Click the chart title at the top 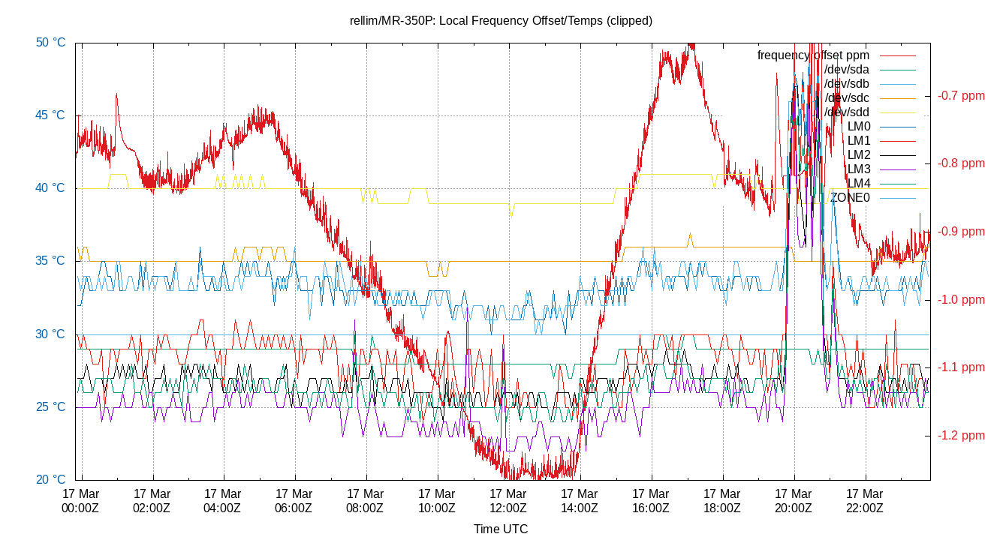click(501, 20)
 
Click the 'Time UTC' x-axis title click(501, 529)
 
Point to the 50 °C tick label click(50, 43)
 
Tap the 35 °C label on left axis click(50, 261)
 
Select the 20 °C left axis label click(50, 480)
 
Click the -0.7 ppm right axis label click(961, 96)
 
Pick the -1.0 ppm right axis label click(961, 300)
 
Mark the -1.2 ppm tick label click(961, 436)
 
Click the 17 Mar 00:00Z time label click(80, 501)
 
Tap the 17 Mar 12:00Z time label click(508, 501)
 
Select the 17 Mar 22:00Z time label click(864, 501)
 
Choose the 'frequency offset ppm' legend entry click(813, 55)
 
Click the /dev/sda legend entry click(846, 70)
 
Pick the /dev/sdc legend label click(846, 98)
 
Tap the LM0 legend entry click(858, 127)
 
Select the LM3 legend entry click(858, 169)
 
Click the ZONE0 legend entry click(850, 198)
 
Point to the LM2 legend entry click(858, 155)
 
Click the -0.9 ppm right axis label click(961, 232)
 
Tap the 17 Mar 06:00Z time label click(294, 501)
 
